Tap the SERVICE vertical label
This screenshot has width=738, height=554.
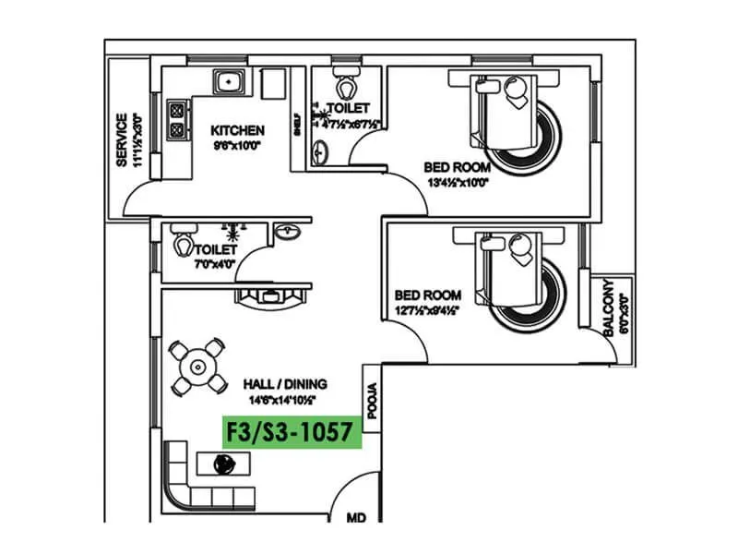point(121,140)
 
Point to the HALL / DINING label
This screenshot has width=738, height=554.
point(285,383)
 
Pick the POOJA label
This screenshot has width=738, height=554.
point(373,402)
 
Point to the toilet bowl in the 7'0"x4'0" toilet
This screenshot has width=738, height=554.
point(183,247)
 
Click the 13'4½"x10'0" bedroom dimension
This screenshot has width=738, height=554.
point(457,182)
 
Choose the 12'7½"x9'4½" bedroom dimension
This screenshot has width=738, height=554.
point(427,309)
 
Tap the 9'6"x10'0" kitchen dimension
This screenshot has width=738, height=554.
point(237,145)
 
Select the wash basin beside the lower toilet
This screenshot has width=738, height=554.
point(288,232)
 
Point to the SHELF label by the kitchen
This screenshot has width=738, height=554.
point(296,126)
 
